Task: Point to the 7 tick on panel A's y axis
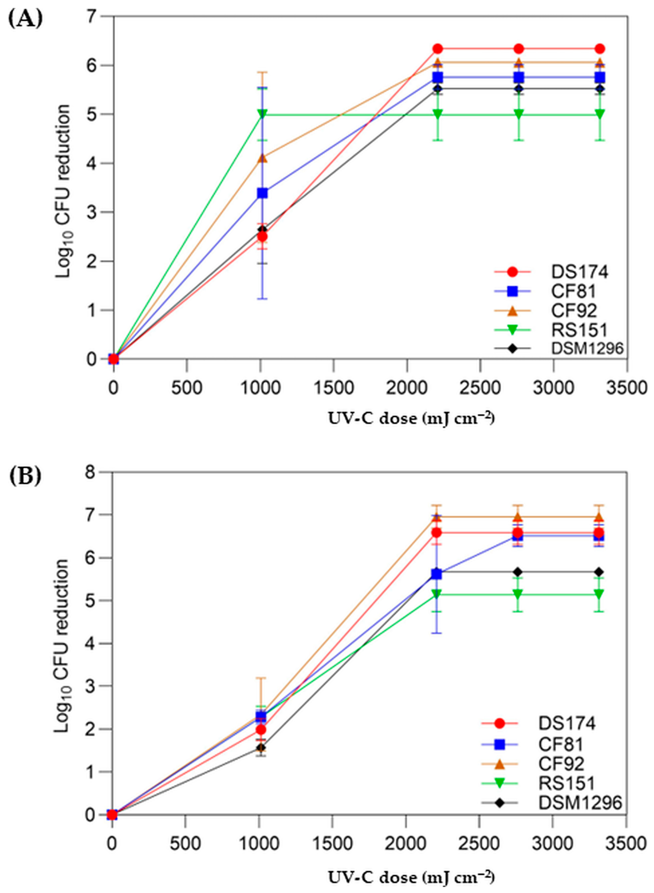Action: click(x=95, y=17)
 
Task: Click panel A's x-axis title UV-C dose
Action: click(x=411, y=418)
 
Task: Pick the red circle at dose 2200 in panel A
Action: click(x=437, y=49)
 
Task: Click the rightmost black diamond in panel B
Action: click(x=599, y=572)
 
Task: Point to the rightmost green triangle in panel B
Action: click(x=599, y=594)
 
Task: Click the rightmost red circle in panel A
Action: click(x=600, y=49)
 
